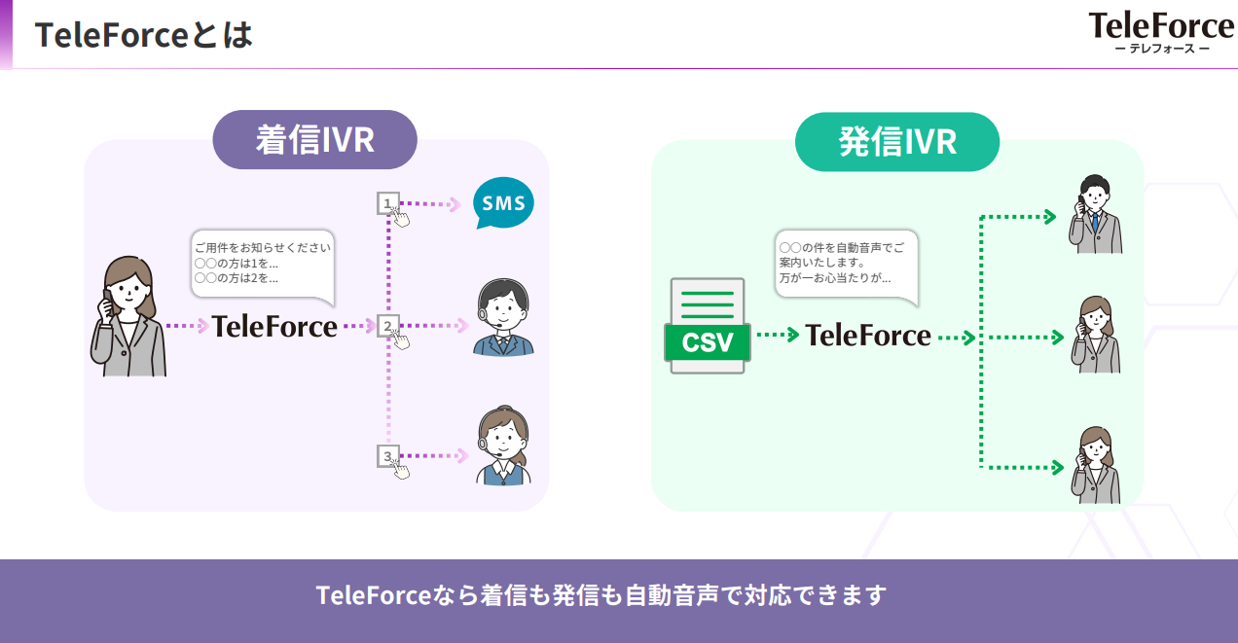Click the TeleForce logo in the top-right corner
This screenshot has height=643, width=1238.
(x=1161, y=32)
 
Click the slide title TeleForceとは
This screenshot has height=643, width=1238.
(x=144, y=35)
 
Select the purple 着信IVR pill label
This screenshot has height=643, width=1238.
(x=314, y=139)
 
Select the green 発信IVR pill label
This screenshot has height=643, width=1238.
(x=896, y=142)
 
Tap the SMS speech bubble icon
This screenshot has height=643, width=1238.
(x=503, y=204)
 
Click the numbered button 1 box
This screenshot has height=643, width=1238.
(x=388, y=203)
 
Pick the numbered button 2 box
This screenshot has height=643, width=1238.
(x=388, y=326)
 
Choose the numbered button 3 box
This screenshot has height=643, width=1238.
(x=388, y=455)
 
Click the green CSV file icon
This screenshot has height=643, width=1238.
(x=708, y=327)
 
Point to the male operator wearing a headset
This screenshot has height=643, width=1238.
(x=503, y=318)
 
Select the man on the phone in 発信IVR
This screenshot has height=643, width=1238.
(x=1095, y=215)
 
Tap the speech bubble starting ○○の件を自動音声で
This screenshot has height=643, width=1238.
(x=846, y=263)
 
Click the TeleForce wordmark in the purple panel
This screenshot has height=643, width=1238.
(x=274, y=326)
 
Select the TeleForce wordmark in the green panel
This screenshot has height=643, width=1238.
(x=868, y=336)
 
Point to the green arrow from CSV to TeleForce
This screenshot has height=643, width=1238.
(x=777, y=336)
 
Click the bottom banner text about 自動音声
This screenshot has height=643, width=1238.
(x=601, y=594)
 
